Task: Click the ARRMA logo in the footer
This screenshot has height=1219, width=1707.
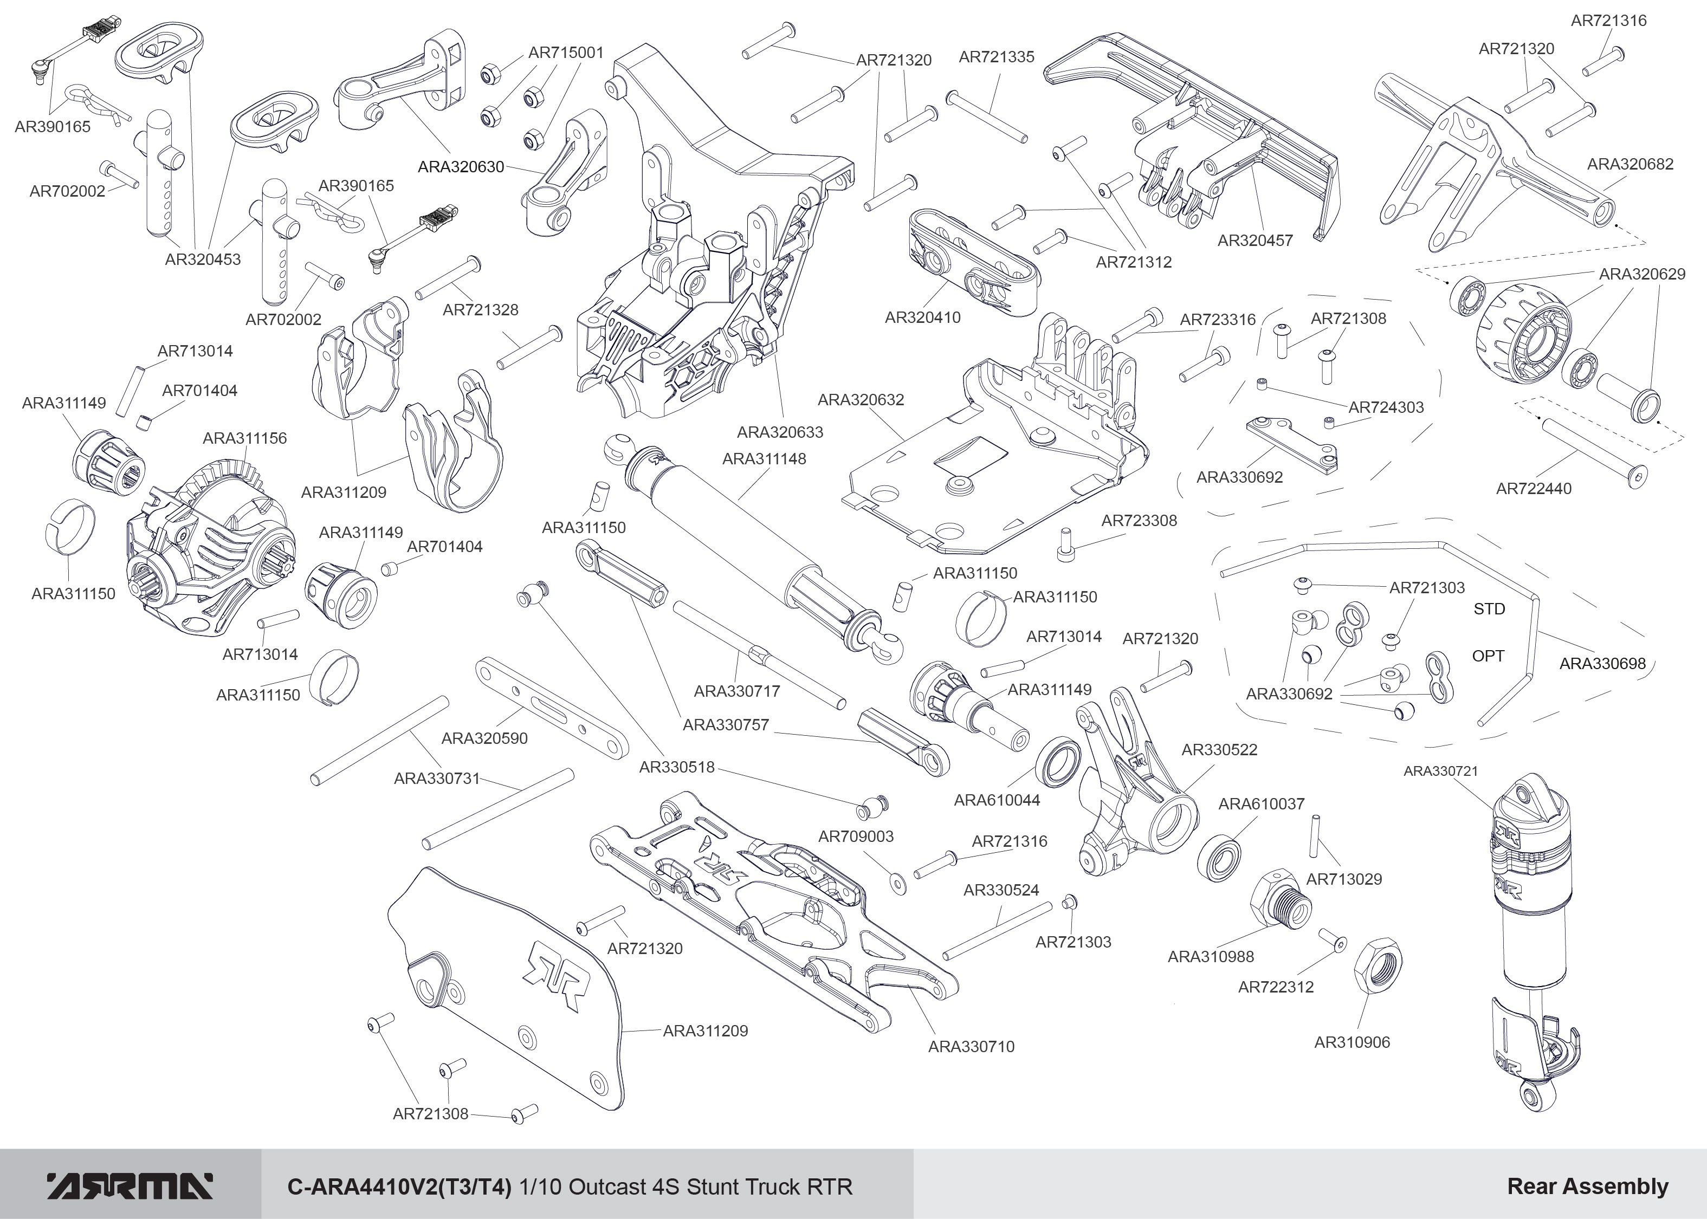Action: tap(131, 1186)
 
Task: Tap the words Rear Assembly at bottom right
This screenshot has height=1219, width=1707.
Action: tap(1588, 1186)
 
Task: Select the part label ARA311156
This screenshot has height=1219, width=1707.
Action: tap(245, 438)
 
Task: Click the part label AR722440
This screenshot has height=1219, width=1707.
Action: tap(1534, 489)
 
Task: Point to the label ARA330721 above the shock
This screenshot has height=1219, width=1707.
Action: tap(1440, 771)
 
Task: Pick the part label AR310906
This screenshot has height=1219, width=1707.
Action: tap(1352, 1042)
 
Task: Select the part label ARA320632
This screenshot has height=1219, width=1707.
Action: tap(861, 400)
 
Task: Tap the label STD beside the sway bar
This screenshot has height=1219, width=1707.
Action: tap(1489, 609)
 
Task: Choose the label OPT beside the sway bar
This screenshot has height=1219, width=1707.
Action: tap(1488, 656)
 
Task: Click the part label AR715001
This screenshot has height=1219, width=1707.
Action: tap(566, 53)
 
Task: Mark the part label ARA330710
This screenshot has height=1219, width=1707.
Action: tap(971, 1046)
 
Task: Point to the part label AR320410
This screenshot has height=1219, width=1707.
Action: tap(922, 317)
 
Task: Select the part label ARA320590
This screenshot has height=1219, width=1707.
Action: tap(484, 738)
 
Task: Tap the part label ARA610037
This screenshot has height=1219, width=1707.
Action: tap(1261, 804)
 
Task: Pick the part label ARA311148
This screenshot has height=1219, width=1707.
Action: tap(764, 459)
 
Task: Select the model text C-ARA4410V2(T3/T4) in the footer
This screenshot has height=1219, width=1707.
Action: tap(399, 1186)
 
